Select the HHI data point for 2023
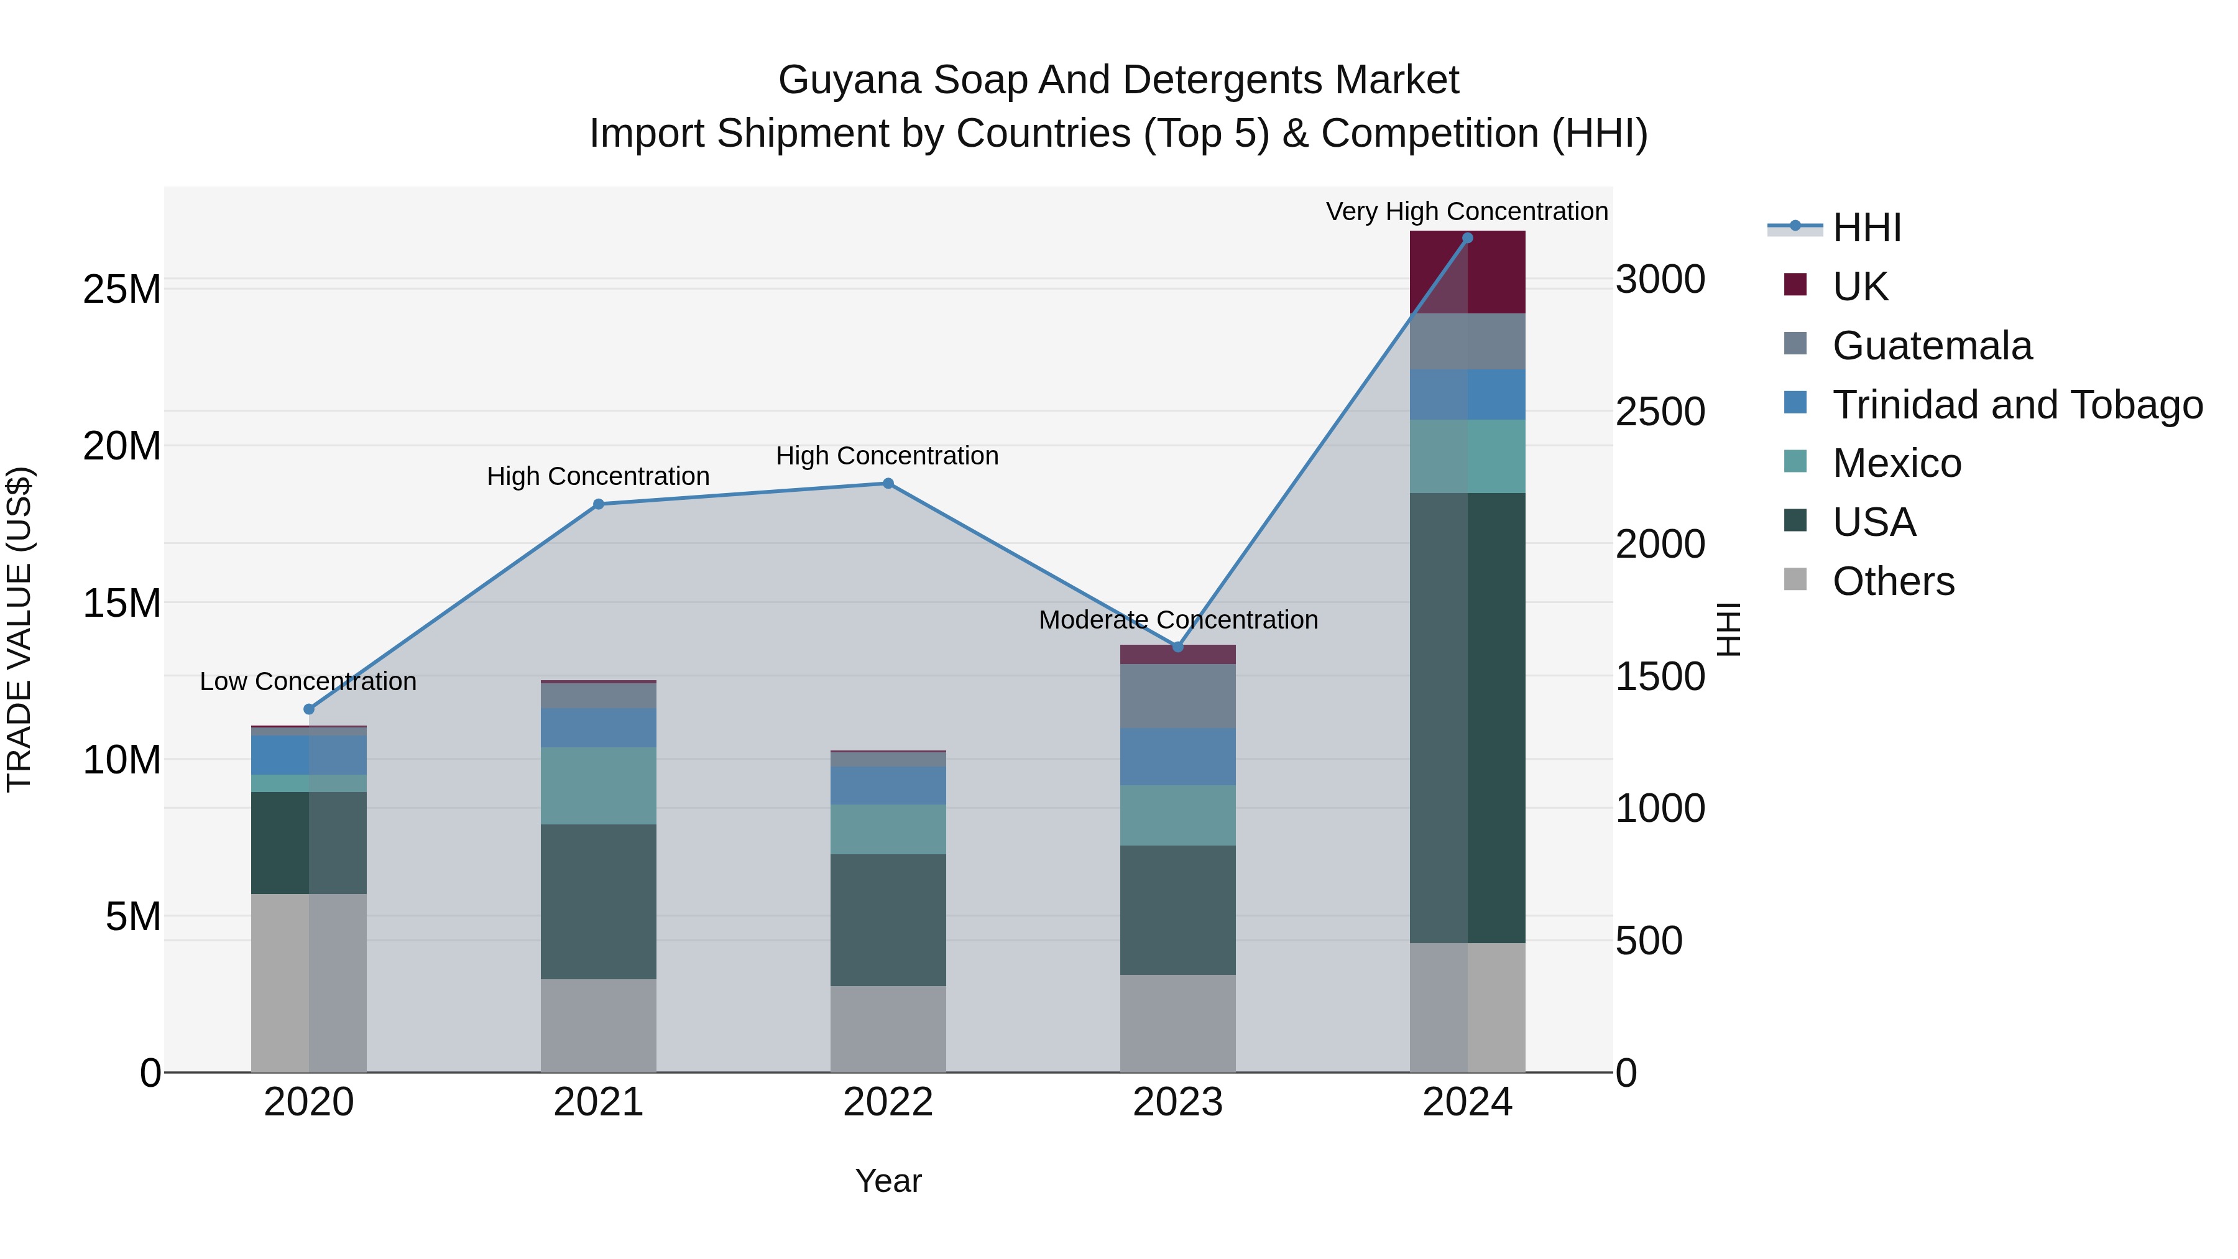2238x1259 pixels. [x=1177, y=647]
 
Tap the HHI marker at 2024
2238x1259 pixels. [x=1467, y=238]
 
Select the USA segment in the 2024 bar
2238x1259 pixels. [x=1467, y=717]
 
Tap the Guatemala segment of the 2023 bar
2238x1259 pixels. [x=1177, y=696]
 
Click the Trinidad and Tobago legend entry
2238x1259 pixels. [x=2017, y=405]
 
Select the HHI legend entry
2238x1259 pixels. [x=1866, y=228]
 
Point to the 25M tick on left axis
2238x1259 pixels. [x=122, y=289]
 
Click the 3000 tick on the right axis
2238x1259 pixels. [x=1659, y=280]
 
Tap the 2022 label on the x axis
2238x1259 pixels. [x=888, y=1102]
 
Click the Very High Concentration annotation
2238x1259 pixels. [x=1467, y=211]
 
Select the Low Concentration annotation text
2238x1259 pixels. [x=308, y=681]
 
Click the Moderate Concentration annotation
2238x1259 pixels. [x=1178, y=619]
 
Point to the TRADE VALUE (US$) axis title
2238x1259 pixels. [x=19, y=629]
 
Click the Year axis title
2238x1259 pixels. [x=888, y=1181]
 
